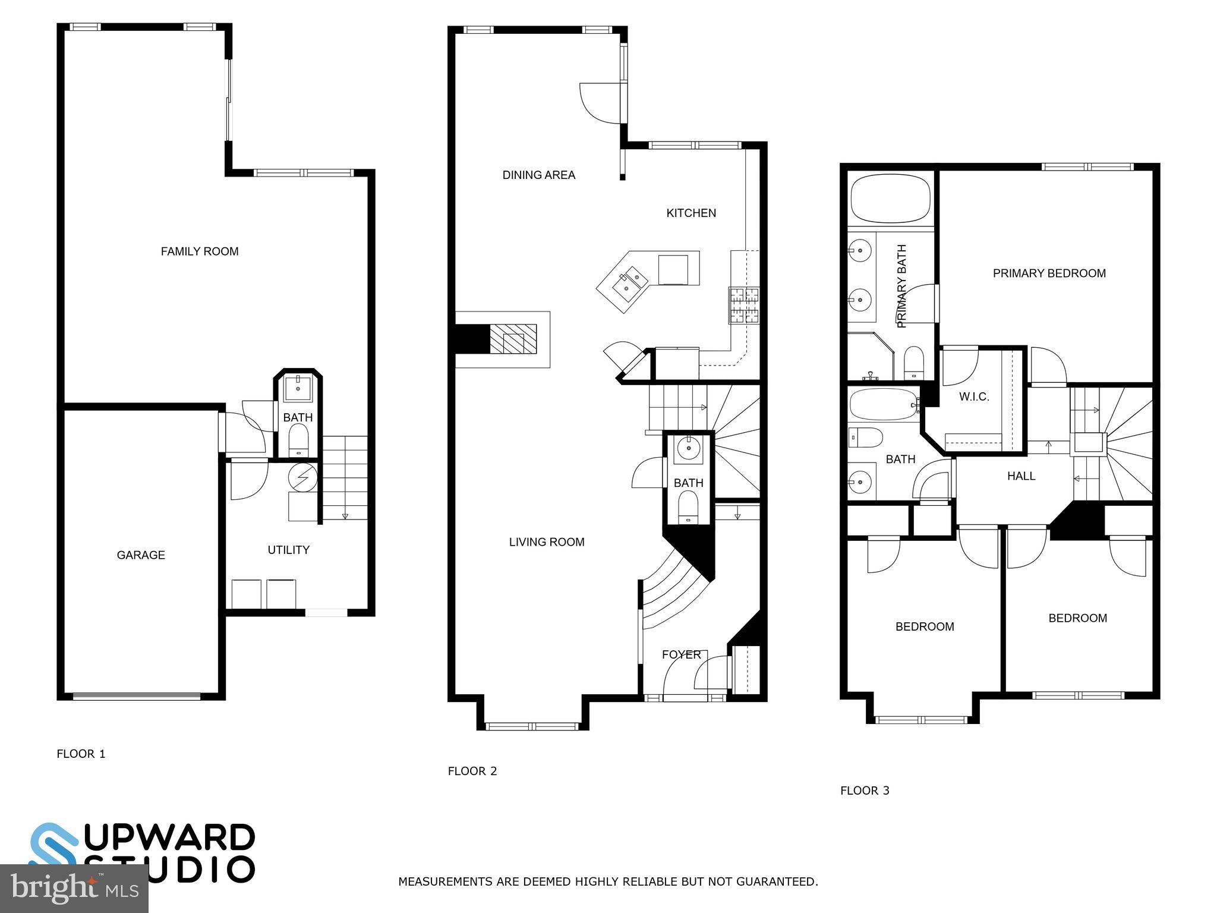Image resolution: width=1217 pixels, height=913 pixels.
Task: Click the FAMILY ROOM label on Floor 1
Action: (200, 251)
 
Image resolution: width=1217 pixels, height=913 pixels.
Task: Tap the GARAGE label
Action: (141, 555)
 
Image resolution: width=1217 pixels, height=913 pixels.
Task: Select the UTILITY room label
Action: (288, 550)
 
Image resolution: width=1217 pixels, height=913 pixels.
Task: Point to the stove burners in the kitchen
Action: (744, 305)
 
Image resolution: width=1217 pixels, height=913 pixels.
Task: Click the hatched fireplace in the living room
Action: (513, 340)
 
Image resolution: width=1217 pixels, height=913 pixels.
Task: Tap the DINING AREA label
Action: (538, 175)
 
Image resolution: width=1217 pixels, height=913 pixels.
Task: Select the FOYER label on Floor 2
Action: (681, 654)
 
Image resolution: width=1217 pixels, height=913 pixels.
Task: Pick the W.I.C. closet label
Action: (974, 397)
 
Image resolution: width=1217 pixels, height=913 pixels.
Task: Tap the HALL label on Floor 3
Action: (1021, 476)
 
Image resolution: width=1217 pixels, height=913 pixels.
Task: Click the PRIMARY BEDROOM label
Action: (1049, 273)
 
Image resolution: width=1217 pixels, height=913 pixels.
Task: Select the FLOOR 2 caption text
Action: (472, 772)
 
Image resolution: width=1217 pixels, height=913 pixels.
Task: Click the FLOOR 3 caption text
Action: (865, 791)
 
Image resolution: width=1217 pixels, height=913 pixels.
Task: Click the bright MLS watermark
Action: (74, 888)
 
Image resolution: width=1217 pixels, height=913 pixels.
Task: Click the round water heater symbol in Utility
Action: (303, 477)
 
